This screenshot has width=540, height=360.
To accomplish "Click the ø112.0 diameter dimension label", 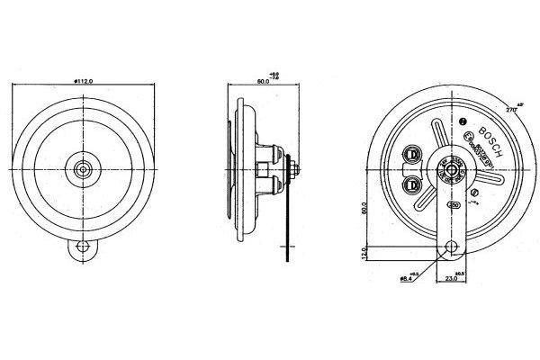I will pos(86,81).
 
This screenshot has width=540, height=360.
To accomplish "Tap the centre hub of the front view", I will pos(84,167).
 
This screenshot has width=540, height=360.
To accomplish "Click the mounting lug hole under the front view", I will pos(84,245).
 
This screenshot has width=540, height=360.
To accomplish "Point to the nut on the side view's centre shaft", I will pos(293,167).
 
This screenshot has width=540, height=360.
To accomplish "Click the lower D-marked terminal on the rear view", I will pos(412,185).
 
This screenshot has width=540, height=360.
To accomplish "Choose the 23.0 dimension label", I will pos(451,280).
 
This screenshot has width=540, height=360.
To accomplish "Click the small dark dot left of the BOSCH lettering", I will pos(463,121).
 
